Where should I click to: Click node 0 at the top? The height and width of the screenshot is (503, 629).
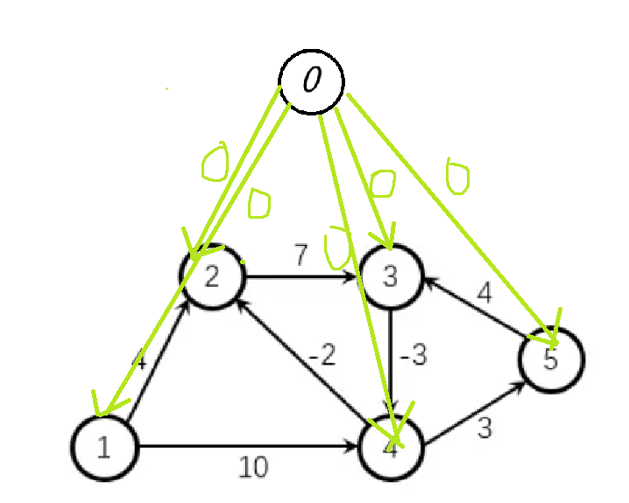[311, 81]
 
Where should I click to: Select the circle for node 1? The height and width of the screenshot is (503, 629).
[104, 447]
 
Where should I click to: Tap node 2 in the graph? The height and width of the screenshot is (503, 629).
[212, 277]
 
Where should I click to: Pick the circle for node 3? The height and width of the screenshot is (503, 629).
[391, 277]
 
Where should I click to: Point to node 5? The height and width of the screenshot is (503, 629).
[550, 359]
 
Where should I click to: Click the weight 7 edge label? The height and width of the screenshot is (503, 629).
[300, 256]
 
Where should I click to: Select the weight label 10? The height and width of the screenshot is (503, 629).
[253, 468]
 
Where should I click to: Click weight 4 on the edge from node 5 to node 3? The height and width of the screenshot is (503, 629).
[484, 292]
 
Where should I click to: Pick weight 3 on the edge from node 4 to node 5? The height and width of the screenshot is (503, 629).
[483, 428]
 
